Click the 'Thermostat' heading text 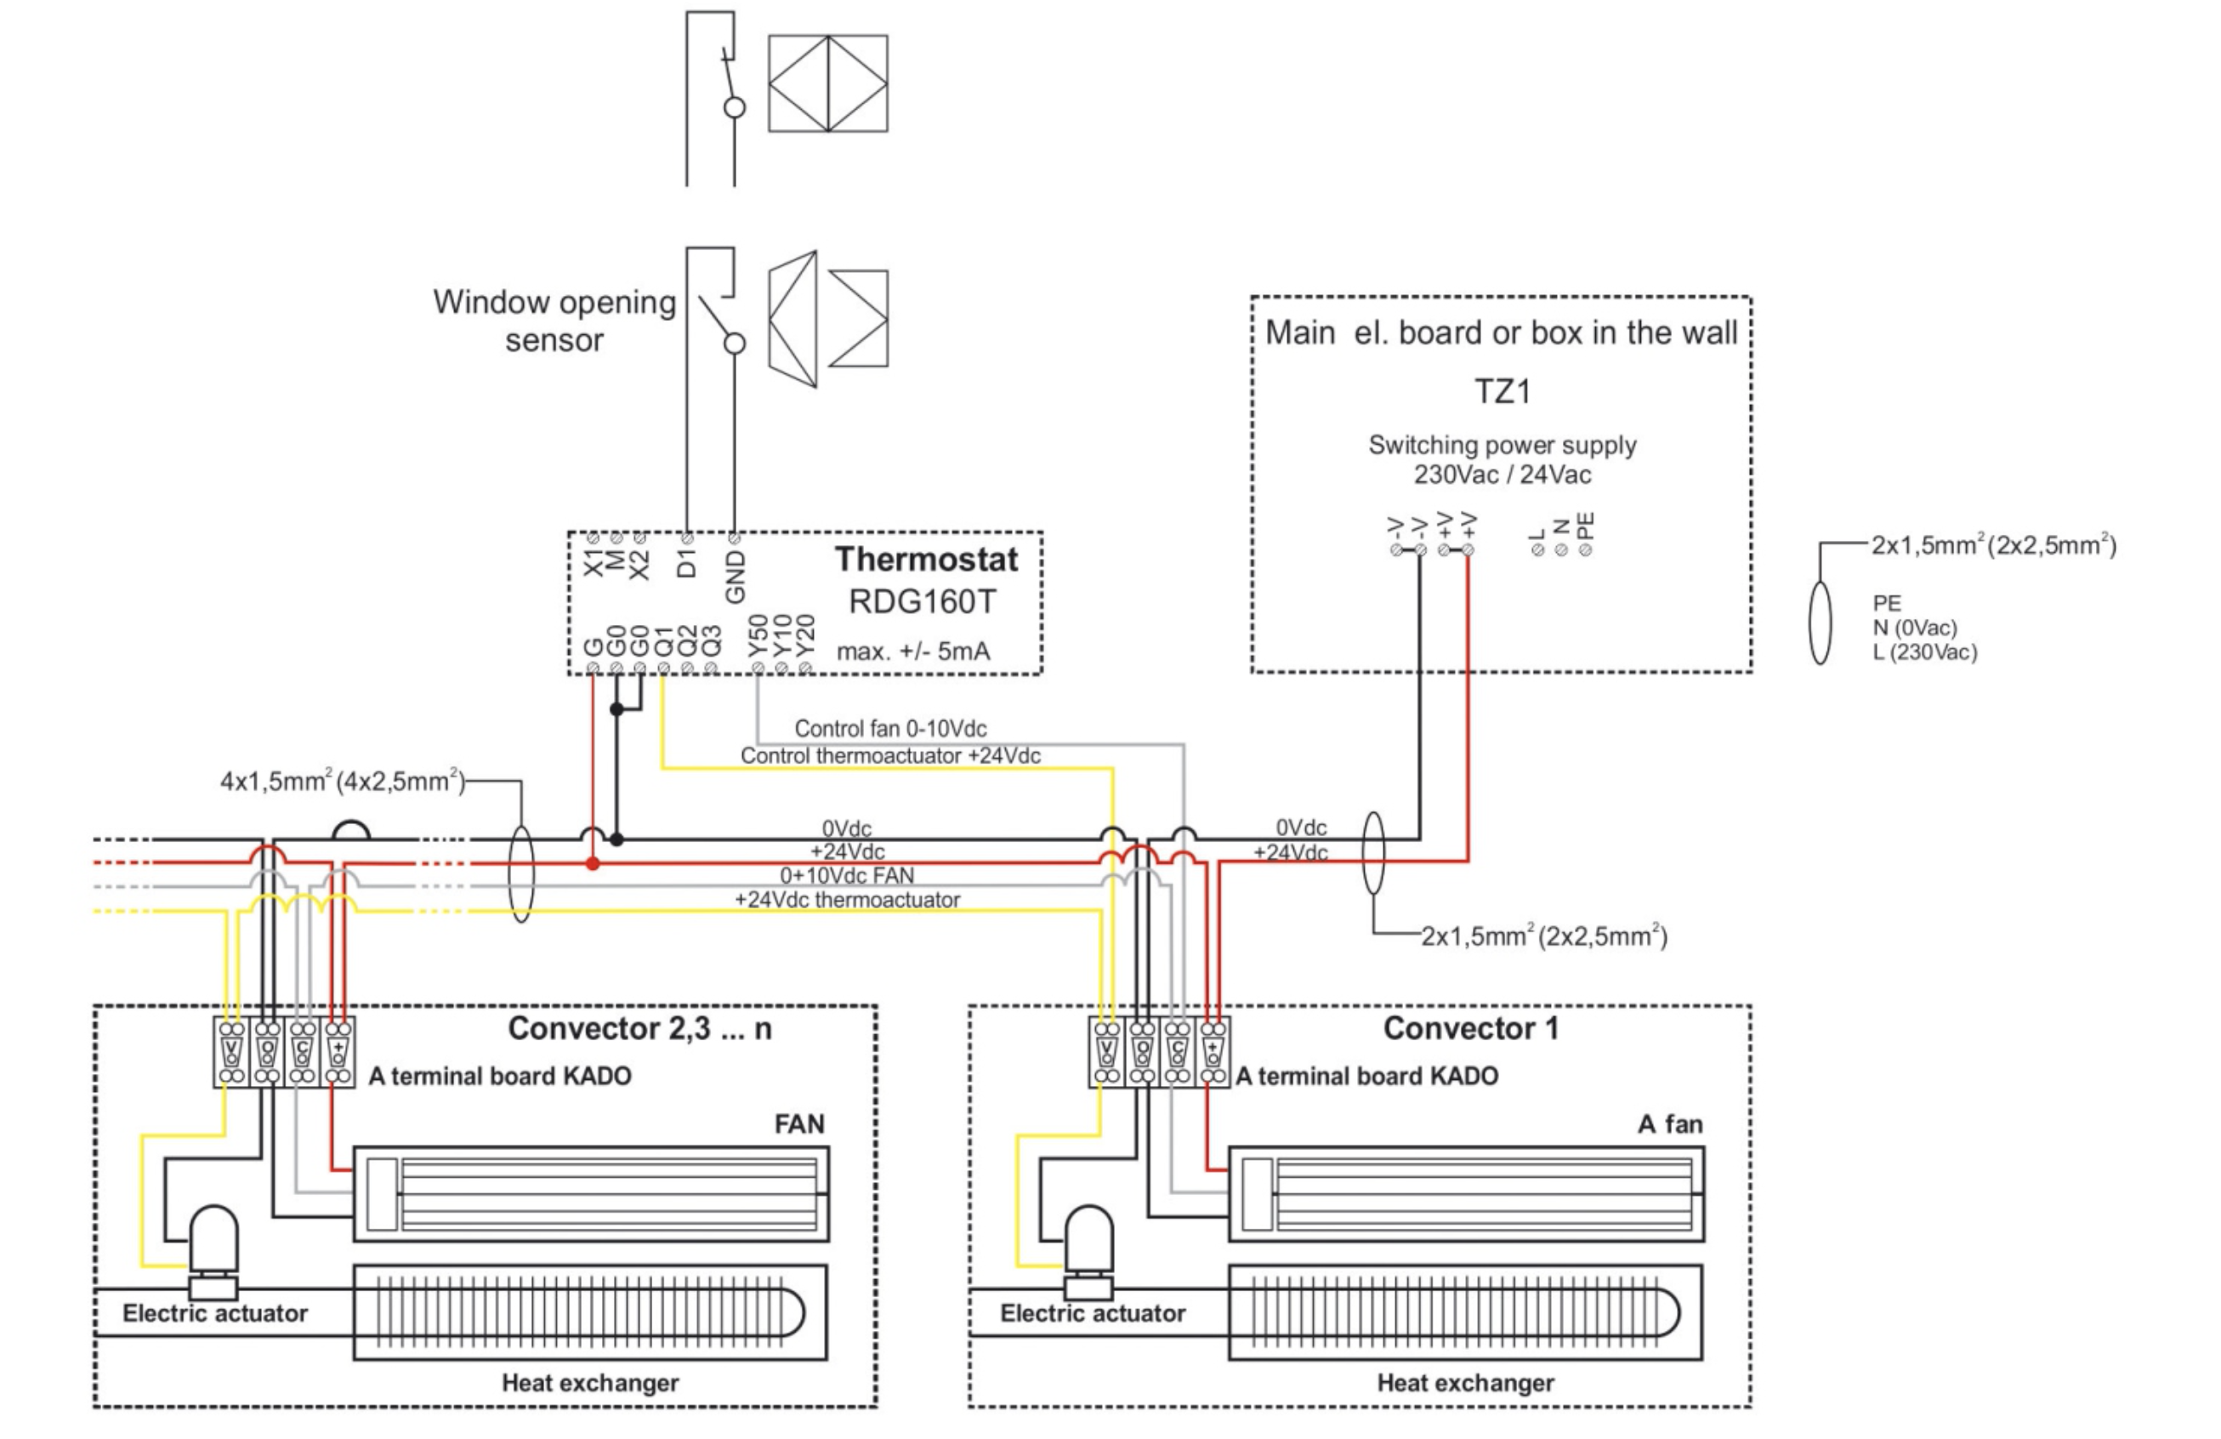[x=926, y=559]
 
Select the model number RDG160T [x=922, y=602]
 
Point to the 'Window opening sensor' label [x=554, y=320]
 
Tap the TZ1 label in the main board [x=1502, y=391]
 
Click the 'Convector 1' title [x=1470, y=1028]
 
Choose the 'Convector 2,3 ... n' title [x=639, y=1028]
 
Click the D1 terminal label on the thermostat [x=687, y=563]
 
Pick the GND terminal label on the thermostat [x=736, y=576]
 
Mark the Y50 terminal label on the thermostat [x=758, y=634]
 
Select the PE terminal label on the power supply [x=1586, y=526]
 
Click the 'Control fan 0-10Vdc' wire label [x=890, y=728]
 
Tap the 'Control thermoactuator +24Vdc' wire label [x=890, y=755]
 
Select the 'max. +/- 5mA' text [x=912, y=651]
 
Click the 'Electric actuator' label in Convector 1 [x=1092, y=1313]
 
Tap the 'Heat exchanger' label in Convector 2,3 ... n [x=590, y=1382]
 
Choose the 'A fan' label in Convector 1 [x=1669, y=1123]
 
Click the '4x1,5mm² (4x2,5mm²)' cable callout [x=343, y=781]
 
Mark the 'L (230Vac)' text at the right [x=1924, y=652]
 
